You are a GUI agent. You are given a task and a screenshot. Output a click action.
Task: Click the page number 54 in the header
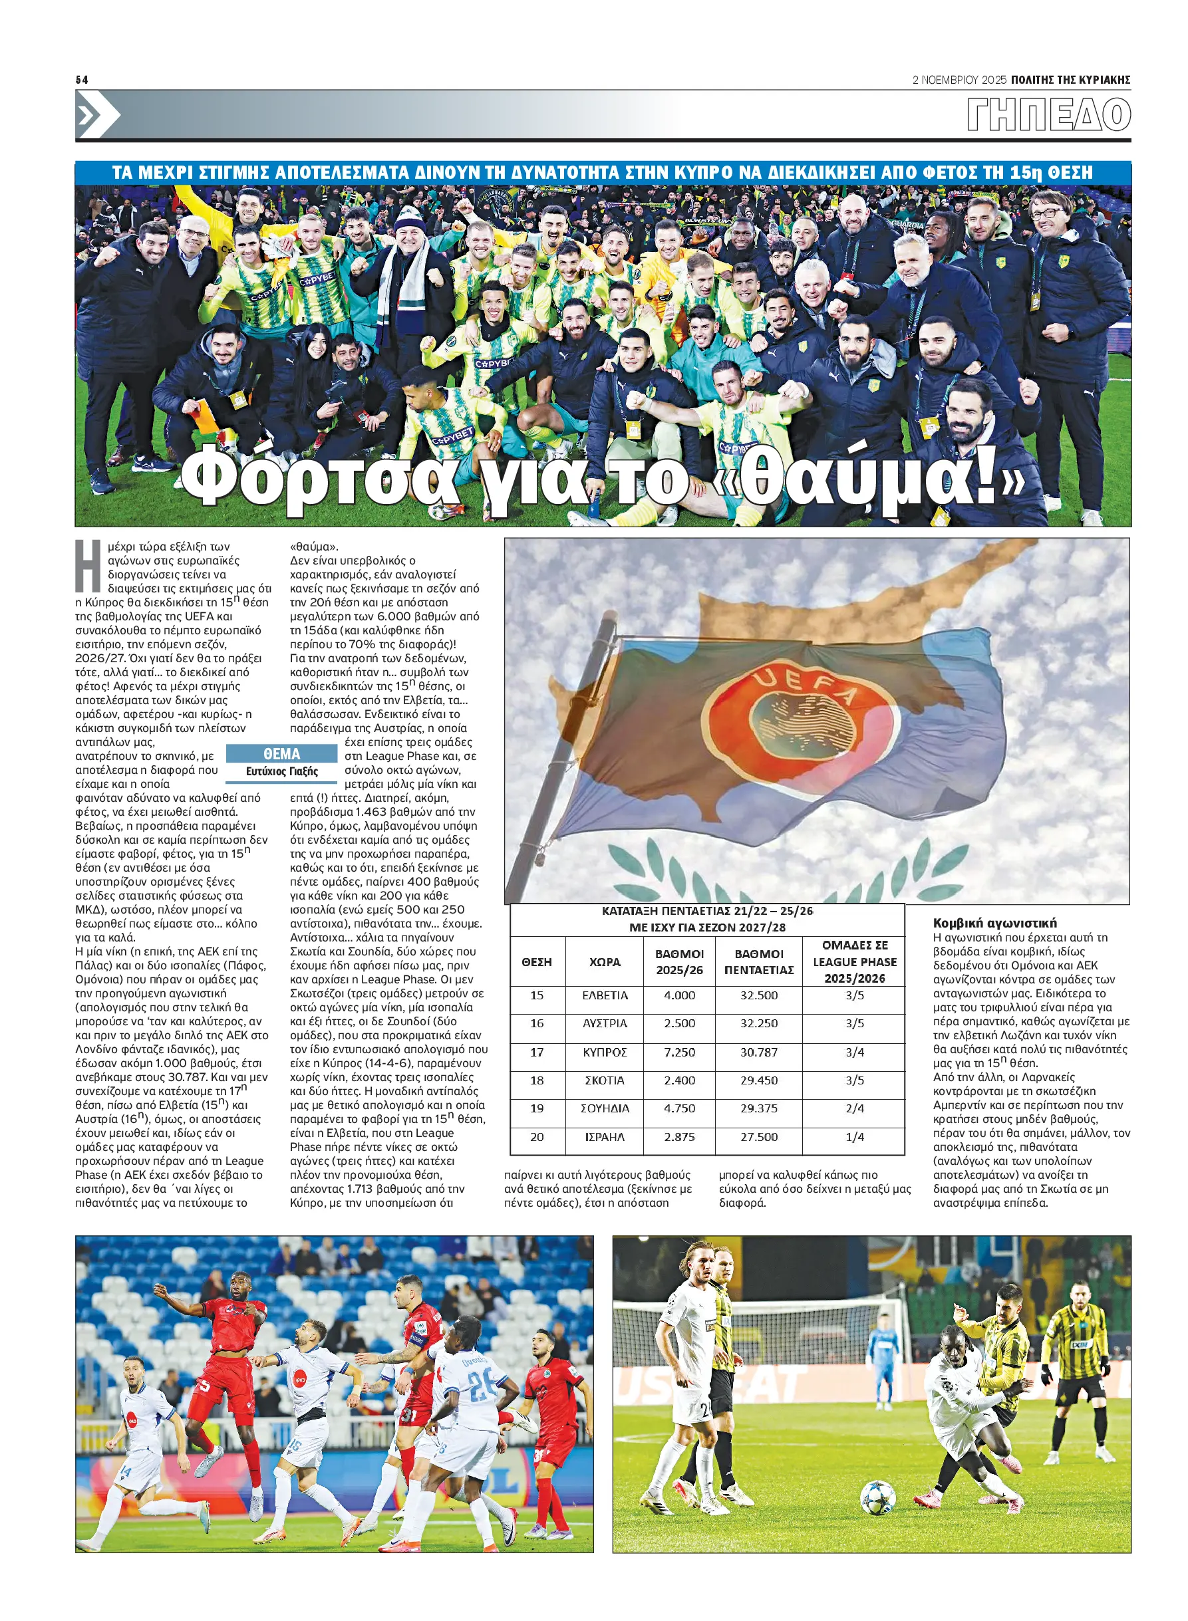82,80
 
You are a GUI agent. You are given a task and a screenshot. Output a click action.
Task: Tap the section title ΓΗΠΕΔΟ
1048,115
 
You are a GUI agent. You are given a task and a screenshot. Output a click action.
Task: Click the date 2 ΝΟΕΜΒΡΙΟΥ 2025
959,80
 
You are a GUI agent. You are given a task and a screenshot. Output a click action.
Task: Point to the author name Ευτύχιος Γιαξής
282,771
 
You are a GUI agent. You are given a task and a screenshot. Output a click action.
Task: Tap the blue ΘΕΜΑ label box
282,753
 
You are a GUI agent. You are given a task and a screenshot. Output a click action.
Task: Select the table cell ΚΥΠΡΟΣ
605,1052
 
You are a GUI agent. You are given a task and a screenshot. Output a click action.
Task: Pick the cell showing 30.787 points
759,1052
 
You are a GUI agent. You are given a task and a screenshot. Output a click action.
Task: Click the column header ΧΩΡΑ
605,962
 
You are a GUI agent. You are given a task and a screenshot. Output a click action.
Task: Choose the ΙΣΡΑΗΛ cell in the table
605,1136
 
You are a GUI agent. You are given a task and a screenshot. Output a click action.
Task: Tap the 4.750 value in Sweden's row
679,1108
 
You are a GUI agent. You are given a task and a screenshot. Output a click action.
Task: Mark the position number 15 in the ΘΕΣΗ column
537,995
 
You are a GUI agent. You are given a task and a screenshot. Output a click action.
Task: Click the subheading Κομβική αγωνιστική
994,923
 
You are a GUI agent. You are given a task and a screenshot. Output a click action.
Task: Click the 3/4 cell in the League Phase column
854,1052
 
